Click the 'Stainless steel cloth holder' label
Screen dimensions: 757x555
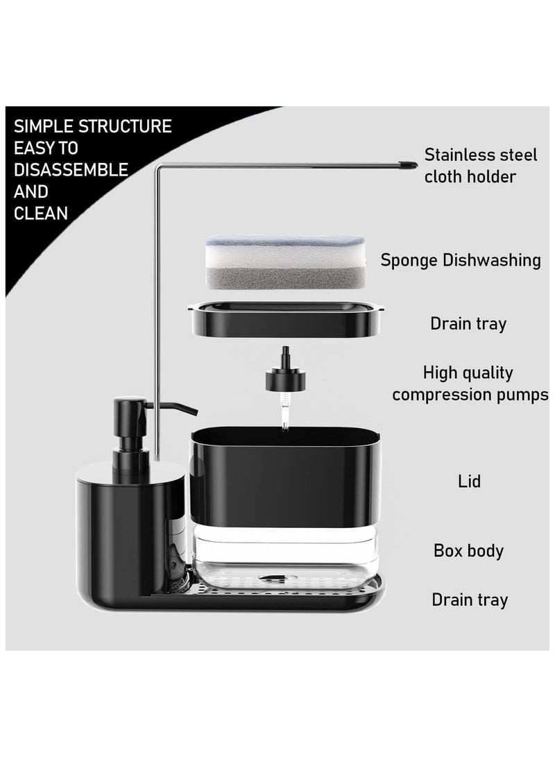click(480, 165)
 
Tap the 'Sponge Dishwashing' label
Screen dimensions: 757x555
click(461, 260)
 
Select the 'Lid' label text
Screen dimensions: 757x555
click(470, 481)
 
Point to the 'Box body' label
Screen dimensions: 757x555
click(468, 551)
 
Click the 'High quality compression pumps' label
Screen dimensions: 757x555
click(470, 384)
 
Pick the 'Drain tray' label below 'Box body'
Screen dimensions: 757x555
click(470, 599)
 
